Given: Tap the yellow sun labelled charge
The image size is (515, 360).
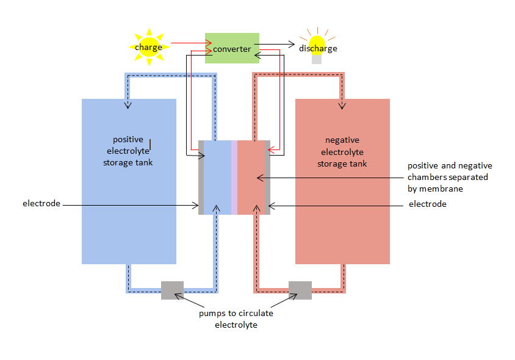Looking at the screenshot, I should click(148, 47).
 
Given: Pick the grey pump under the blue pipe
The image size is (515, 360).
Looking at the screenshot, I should click(172, 290).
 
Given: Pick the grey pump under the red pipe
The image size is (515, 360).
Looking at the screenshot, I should click(300, 290).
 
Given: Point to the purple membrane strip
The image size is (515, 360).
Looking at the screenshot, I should click(234, 178).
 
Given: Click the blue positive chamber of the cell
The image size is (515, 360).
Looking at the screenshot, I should click(218, 178).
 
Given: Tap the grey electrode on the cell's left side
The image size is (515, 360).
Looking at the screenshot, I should click(201, 178).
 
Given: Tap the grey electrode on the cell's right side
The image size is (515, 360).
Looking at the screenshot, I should click(267, 178).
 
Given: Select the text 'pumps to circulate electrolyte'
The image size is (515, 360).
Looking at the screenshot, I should click(236, 319).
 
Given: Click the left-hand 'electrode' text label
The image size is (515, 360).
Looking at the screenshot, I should click(41, 203).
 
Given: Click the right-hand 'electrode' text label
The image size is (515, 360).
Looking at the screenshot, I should click(427, 204).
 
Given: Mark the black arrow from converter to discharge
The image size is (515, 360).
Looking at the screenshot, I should click(278, 45).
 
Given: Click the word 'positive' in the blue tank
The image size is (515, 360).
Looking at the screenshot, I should click(128, 139).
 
